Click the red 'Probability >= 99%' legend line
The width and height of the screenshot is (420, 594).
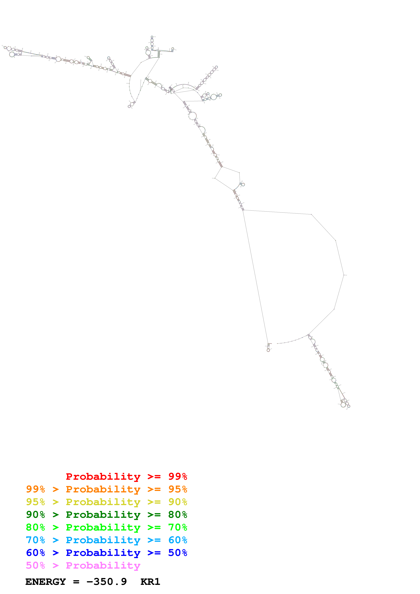126,476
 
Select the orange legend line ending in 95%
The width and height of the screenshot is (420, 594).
106,489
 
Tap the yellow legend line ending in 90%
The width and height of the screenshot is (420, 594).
106,502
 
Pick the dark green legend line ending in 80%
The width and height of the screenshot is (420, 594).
106,515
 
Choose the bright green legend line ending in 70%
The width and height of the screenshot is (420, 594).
106,527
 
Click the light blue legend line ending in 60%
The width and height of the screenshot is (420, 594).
106,540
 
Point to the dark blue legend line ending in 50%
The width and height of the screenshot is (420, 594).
106,553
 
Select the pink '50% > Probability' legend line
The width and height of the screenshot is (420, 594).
83,565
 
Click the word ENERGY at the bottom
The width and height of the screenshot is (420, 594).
46,582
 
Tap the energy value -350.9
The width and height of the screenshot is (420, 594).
107,582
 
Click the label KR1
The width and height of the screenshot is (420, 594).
150,582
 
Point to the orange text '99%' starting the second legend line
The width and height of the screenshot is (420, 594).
35,489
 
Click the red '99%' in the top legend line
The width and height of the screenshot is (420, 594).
178,476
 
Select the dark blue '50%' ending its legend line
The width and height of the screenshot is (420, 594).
178,553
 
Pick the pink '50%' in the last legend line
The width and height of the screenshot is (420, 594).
35,565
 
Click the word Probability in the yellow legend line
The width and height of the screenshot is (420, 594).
103,502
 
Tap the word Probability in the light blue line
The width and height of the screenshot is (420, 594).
103,540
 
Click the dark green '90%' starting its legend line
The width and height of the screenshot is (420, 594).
35,515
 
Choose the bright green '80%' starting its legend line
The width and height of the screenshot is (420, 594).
35,527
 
